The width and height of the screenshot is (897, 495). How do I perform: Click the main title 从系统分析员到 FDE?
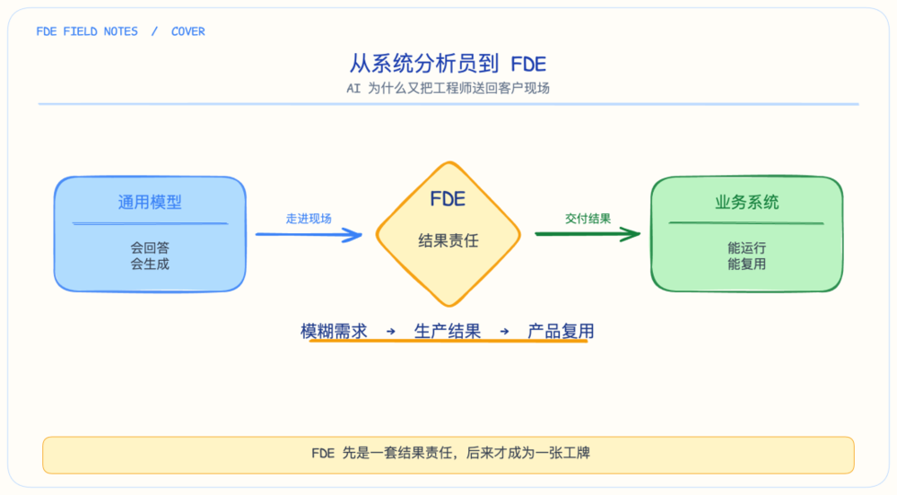tap(448, 64)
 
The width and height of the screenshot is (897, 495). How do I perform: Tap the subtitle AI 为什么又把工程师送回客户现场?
tap(448, 88)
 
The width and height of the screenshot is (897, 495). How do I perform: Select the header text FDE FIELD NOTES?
tap(87, 31)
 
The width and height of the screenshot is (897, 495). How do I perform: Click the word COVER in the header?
tap(188, 31)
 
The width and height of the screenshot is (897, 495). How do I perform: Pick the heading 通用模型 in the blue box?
tap(150, 202)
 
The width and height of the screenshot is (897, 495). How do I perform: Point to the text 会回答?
tap(150, 247)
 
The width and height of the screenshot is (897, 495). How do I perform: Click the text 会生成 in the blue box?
tap(150, 264)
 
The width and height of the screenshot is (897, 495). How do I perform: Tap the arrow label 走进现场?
tap(309, 218)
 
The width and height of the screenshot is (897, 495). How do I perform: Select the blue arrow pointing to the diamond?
tap(309, 234)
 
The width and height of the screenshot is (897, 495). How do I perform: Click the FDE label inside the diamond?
tap(448, 199)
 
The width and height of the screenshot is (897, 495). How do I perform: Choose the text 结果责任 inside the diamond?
tap(448, 240)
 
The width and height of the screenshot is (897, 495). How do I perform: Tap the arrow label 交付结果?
tap(588, 218)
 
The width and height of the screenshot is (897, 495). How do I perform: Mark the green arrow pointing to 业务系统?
tap(588, 234)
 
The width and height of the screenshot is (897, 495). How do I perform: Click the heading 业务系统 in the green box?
tap(746, 202)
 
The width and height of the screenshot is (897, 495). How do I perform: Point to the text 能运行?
tap(746, 247)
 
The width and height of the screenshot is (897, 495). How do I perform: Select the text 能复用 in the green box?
tap(746, 264)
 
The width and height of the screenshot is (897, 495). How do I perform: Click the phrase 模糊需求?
tap(334, 331)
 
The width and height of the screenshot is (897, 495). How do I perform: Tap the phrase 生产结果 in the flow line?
tap(448, 331)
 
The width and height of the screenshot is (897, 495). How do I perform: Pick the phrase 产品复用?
tap(561, 331)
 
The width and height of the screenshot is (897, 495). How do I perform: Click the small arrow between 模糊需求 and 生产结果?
tap(391, 331)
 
